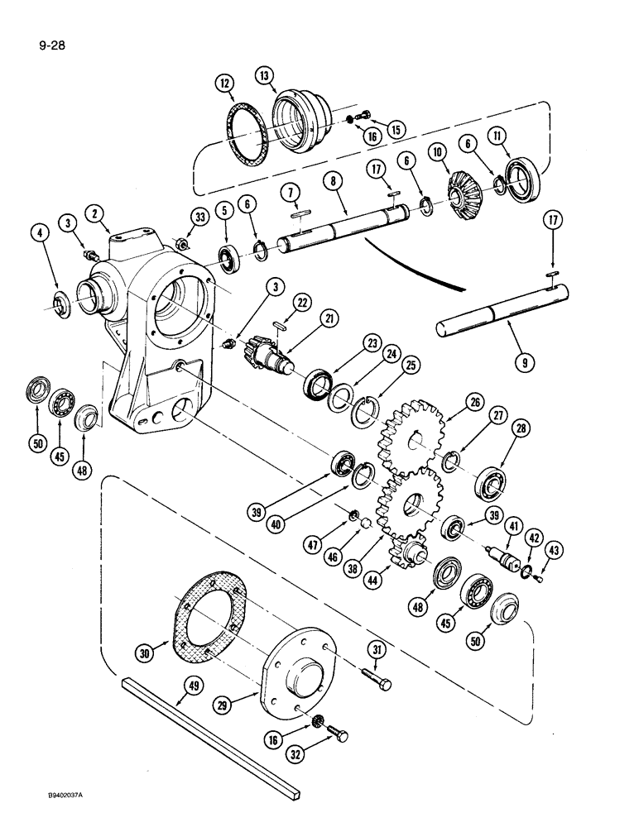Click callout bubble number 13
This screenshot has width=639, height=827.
265,79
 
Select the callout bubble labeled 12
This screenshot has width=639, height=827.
226,83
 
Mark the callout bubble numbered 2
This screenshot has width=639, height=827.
98,215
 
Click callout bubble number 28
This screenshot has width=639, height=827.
519,428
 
